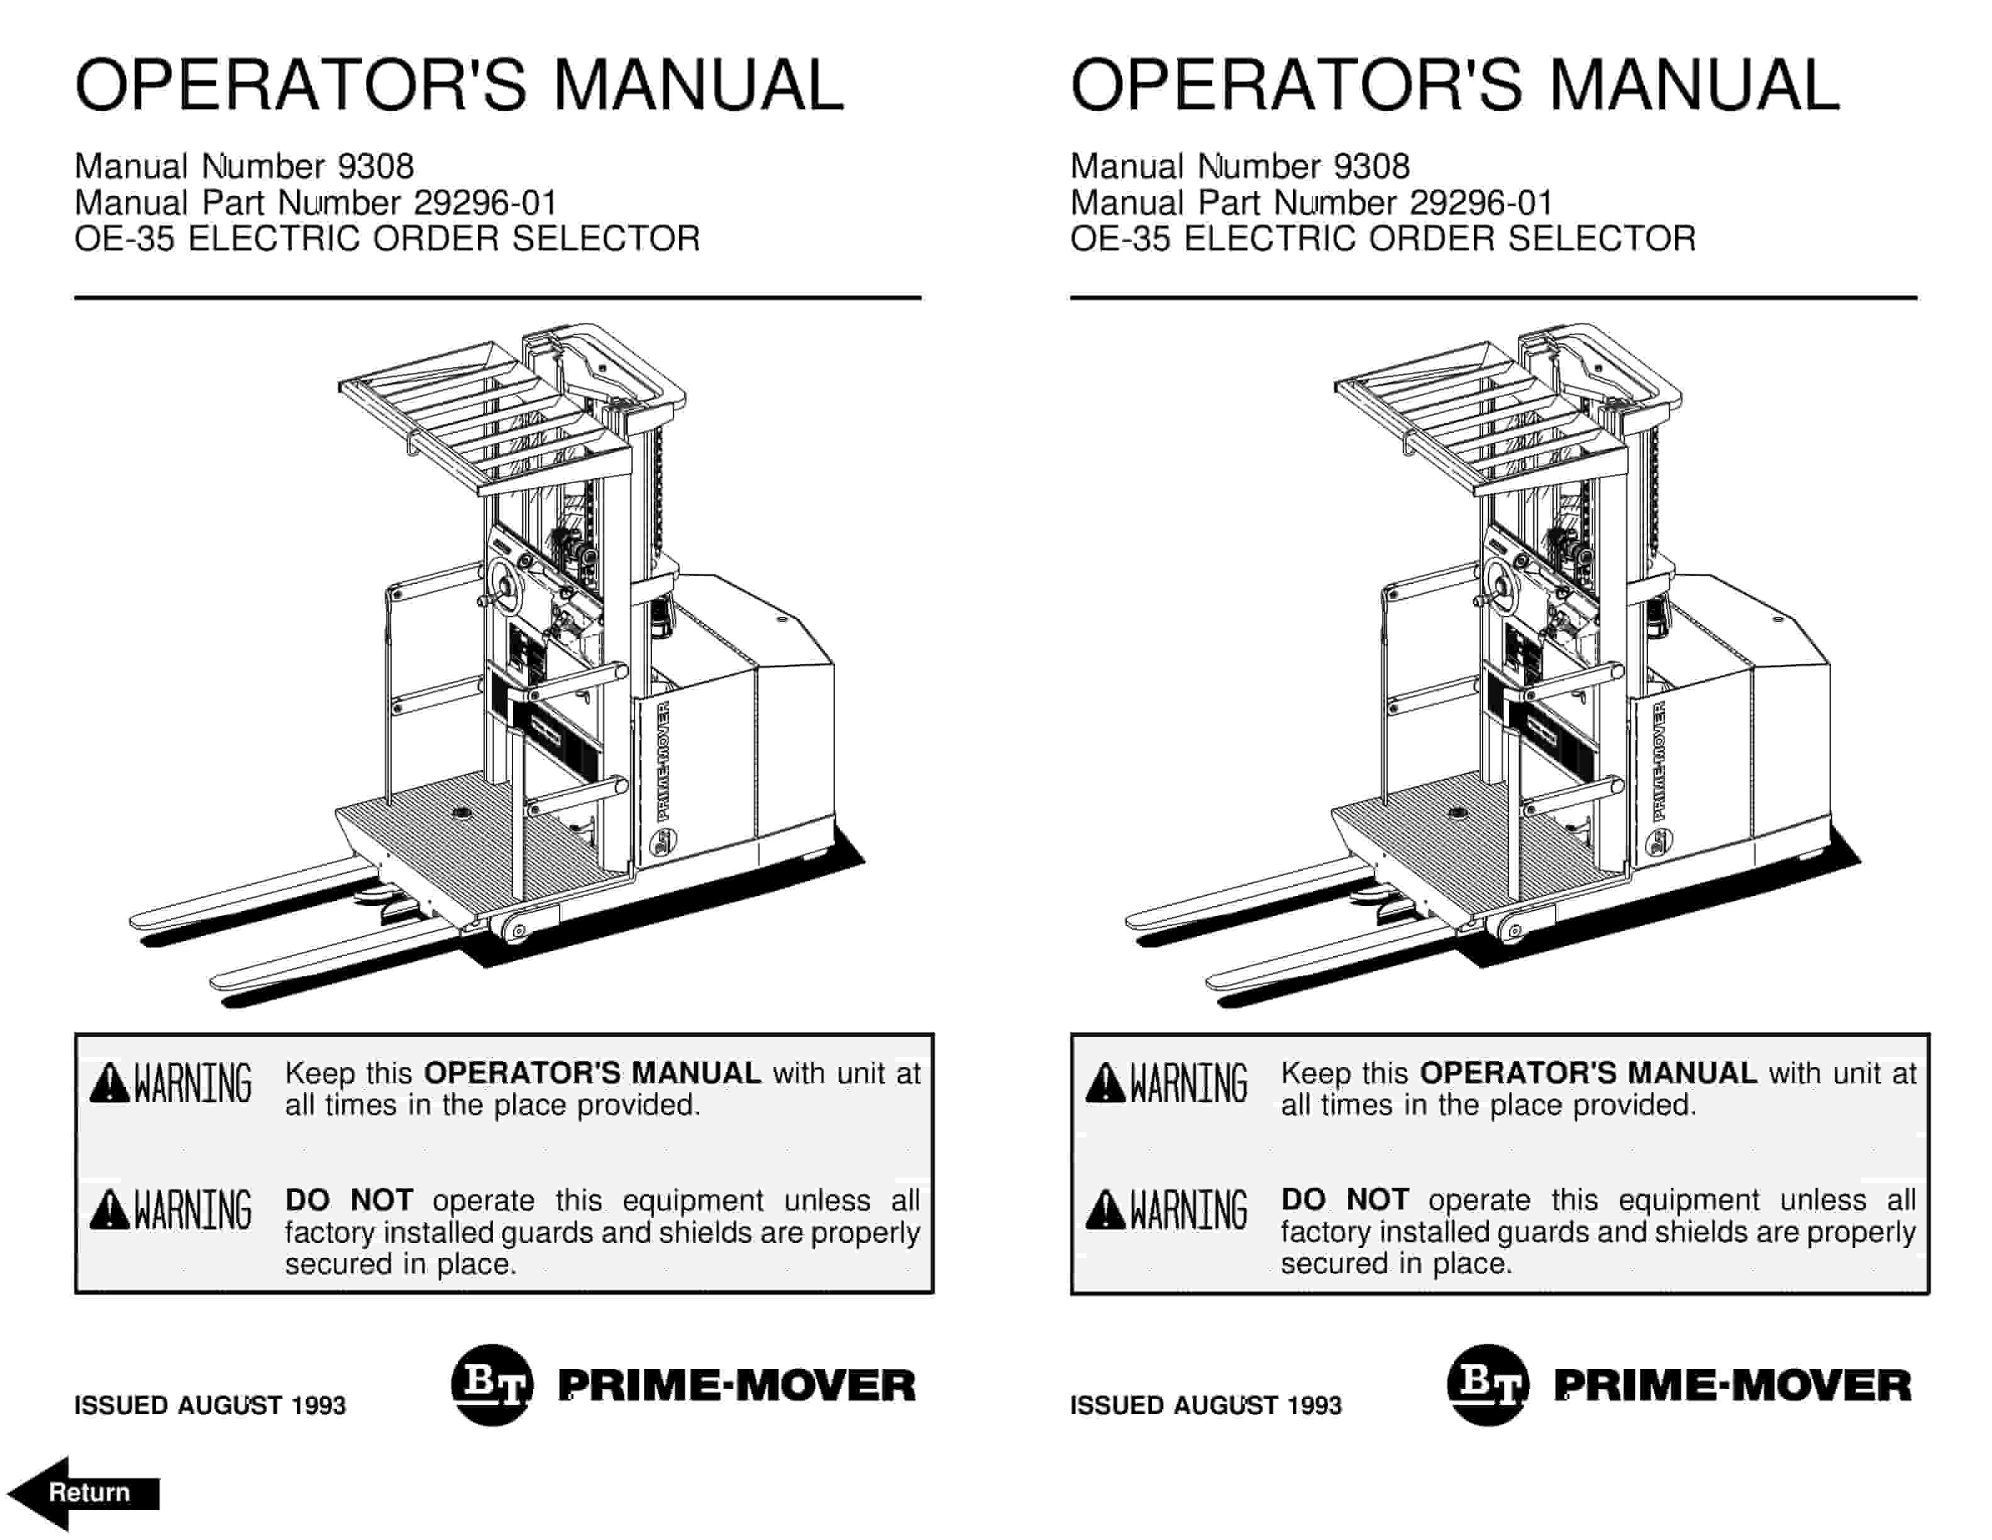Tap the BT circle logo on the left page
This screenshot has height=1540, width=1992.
[x=490, y=1384]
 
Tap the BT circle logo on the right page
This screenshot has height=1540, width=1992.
[x=1486, y=1384]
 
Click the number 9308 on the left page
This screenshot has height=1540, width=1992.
[x=375, y=167]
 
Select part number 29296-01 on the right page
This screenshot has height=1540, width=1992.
[x=1480, y=203]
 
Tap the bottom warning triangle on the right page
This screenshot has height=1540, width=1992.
[x=1105, y=1210]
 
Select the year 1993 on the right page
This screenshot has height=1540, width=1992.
[x=1314, y=1405]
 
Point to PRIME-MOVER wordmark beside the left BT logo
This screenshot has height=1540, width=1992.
[x=736, y=1385]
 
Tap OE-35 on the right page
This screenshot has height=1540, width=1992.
[x=1119, y=239]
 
